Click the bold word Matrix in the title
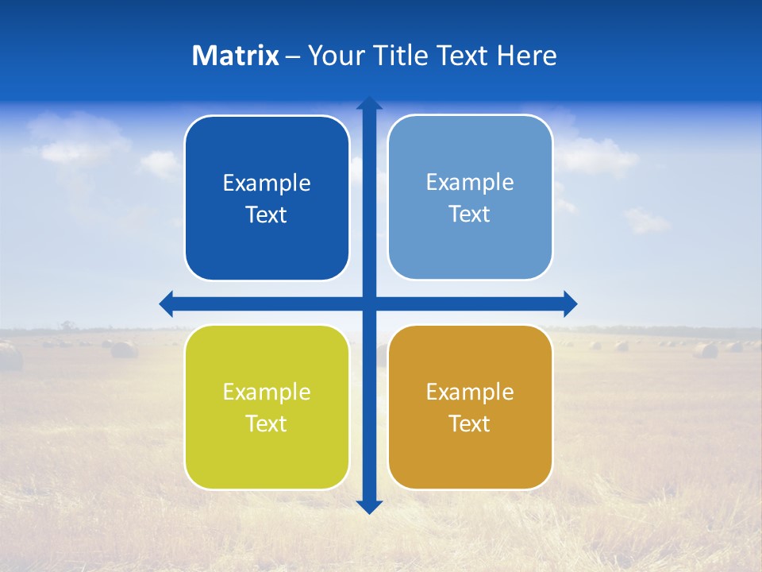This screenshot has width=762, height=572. (236, 56)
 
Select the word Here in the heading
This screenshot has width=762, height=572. (526, 56)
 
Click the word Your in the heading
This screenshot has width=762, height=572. (334, 56)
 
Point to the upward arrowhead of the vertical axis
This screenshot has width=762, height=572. (369, 103)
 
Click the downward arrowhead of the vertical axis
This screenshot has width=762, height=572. (369, 506)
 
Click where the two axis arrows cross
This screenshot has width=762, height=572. (369, 303)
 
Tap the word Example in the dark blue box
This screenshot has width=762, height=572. (267, 184)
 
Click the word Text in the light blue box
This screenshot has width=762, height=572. (470, 214)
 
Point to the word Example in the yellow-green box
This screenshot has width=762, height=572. (267, 392)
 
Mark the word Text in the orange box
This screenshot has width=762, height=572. (470, 424)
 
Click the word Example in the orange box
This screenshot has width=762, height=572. (470, 392)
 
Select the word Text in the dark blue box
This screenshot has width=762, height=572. (267, 215)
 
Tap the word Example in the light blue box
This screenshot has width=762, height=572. (470, 183)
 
